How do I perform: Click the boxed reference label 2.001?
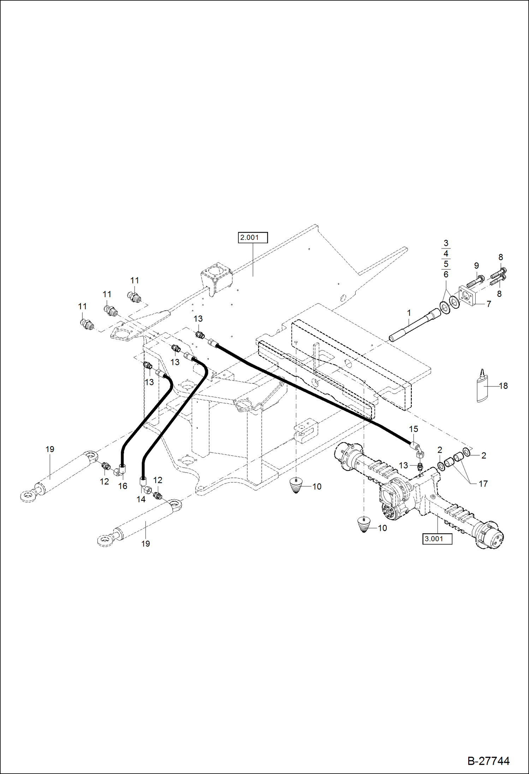253,238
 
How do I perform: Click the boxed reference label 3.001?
437,539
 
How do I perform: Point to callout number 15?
414,429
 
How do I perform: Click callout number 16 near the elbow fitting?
123,486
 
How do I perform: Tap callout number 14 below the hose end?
141,499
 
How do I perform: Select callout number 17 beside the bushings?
483,484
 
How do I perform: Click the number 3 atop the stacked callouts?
446,243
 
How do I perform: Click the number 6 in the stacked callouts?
446,274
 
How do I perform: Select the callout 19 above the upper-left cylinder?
50,449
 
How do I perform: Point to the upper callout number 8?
500,257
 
